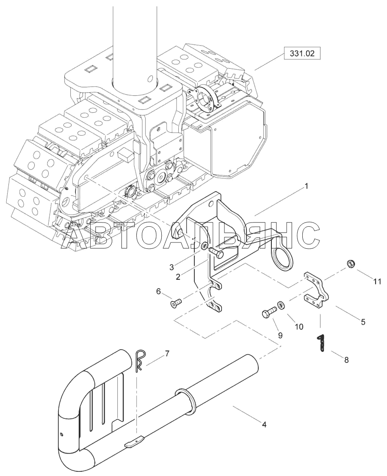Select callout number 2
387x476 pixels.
click(x=178, y=277)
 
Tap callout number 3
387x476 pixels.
click(x=171, y=267)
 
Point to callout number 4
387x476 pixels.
click(x=265, y=423)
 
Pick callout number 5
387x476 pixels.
click(x=363, y=322)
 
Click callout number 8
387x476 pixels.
click(x=346, y=360)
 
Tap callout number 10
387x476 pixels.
click(x=299, y=327)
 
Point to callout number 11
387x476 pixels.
click(x=377, y=281)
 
